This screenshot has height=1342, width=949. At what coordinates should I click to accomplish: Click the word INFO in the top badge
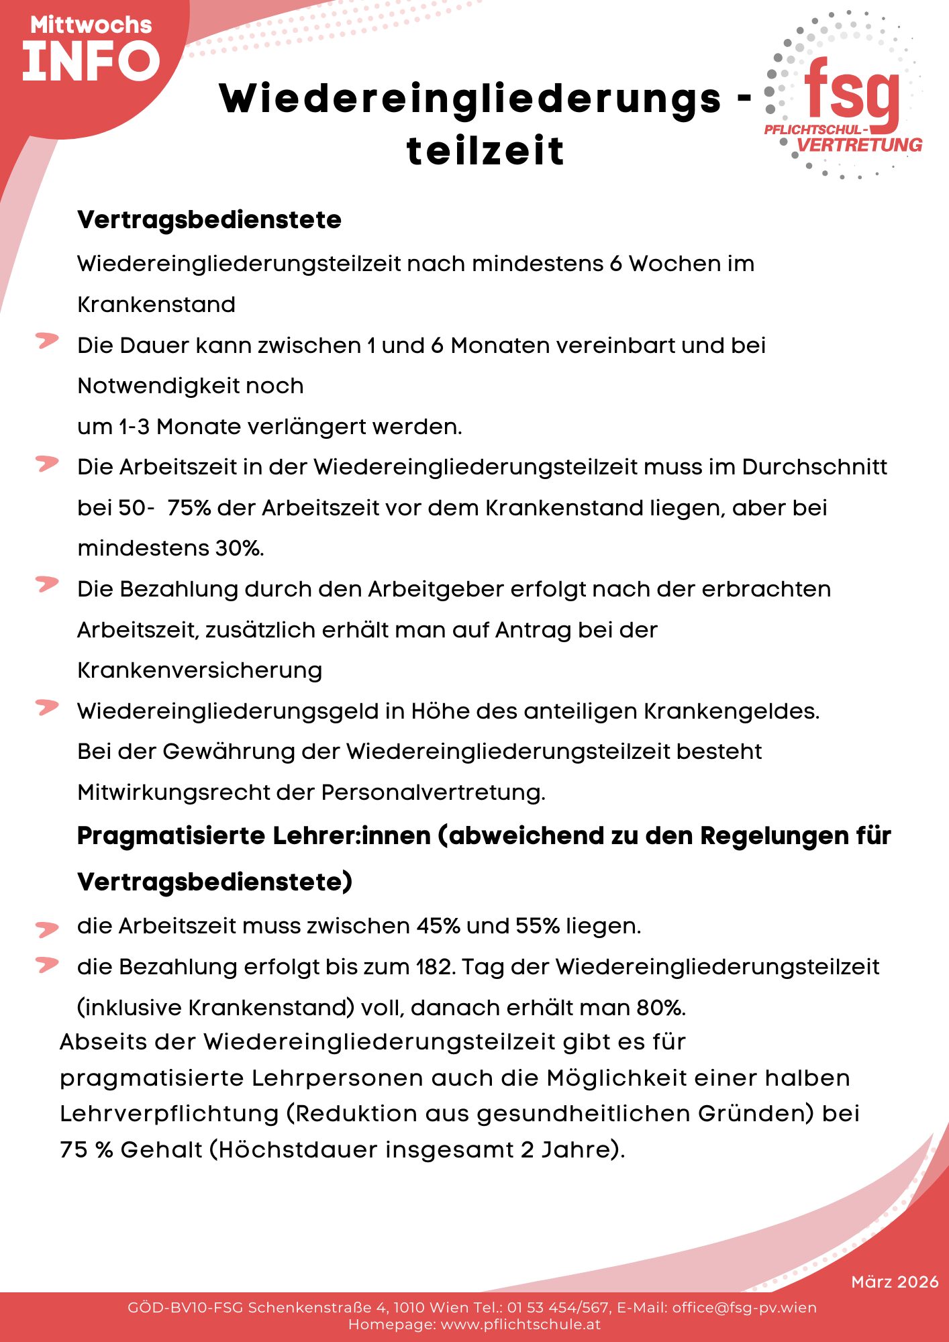pos(91,61)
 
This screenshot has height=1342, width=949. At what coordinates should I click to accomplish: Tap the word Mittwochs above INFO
pos(91,25)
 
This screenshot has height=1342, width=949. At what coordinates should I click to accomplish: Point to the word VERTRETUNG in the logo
pos(859,145)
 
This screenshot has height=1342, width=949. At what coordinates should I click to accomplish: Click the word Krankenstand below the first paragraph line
pos(156,305)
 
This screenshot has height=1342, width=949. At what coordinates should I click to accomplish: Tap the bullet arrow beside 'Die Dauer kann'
pos(47,341)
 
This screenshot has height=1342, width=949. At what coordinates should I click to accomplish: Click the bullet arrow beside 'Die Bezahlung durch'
pos(47,584)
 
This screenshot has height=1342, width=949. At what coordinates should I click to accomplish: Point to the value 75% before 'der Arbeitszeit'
pos(189,508)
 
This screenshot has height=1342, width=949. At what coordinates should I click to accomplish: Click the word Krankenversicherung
pos(200,670)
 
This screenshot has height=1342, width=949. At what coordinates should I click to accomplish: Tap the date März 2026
pos(895,1282)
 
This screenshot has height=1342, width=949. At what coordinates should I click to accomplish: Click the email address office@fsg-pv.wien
pos(744,1307)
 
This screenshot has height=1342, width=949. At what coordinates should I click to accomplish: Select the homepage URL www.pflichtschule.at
pos(520,1325)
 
